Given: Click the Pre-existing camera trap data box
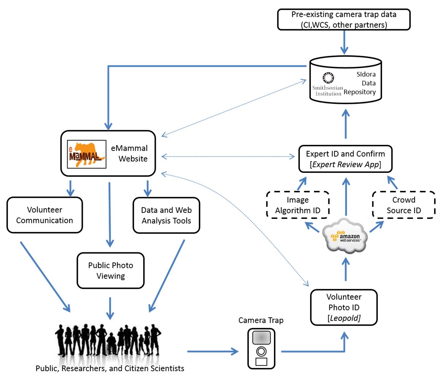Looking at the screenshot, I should click(x=344, y=19).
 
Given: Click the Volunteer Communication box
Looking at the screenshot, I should click(x=44, y=215).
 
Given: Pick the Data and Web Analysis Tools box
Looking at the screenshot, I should click(x=166, y=215).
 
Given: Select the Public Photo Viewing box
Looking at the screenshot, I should click(x=111, y=270).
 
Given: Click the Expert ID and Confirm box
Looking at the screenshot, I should click(x=345, y=159).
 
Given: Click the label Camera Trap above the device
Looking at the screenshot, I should click(x=261, y=320).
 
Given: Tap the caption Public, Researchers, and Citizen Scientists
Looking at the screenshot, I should click(x=110, y=368).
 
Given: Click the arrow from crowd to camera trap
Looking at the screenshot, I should click(x=213, y=352).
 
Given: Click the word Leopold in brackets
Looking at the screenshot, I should click(x=344, y=318).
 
